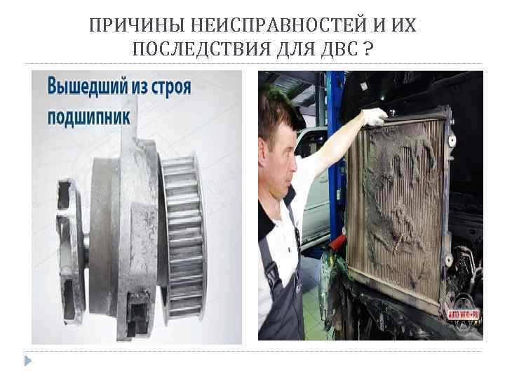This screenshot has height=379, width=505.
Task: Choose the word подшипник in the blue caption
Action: [88, 116]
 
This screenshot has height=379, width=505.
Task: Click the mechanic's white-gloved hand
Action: [375, 115]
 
